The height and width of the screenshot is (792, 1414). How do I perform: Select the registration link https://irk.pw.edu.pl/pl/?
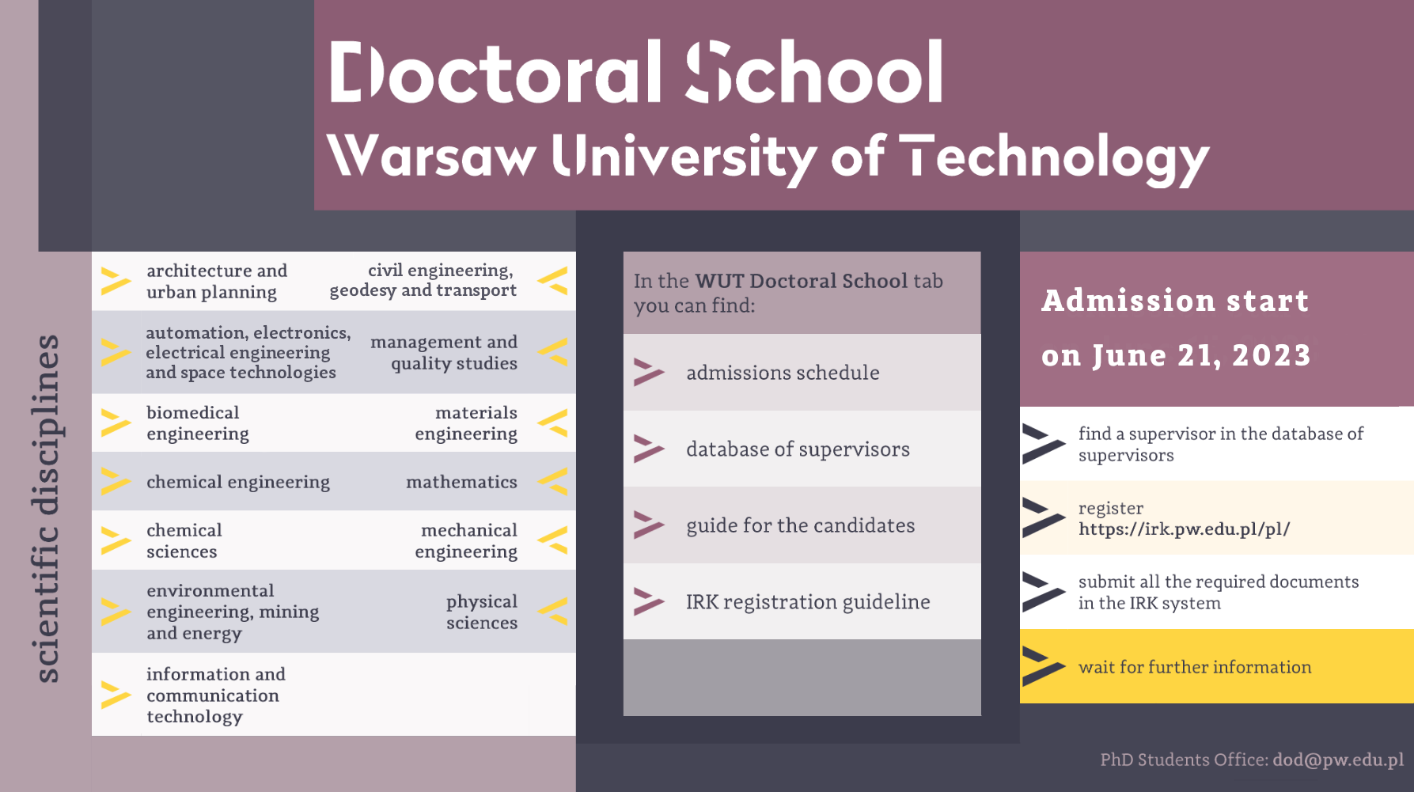(1184, 529)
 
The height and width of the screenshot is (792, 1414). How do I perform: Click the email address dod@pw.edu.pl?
(1338, 760)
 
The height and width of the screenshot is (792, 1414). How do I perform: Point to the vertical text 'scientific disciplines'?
(47, 508)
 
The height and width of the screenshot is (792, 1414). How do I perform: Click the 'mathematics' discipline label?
(461, 482)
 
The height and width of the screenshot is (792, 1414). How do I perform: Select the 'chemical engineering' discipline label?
(238, 483)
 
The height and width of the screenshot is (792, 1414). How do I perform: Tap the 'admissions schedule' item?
(783, 373)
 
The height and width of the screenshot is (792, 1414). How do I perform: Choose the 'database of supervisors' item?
(798, 449)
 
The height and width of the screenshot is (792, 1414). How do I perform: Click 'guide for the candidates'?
(800, 525)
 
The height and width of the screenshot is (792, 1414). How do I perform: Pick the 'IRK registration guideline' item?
(808, 602)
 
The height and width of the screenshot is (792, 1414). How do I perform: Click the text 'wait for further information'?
(1195, 667)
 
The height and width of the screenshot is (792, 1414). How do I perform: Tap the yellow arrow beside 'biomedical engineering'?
(116, 423)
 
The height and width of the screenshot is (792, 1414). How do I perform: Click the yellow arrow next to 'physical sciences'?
(553, 612)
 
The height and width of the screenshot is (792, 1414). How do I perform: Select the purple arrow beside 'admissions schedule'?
(649, 373)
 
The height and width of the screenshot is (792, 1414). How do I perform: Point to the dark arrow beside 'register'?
(1044, 517)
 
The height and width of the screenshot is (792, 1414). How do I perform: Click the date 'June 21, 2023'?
(1201, 356)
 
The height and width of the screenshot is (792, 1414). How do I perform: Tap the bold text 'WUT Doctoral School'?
(801, 281)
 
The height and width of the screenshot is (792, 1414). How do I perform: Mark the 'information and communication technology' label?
(216, 695)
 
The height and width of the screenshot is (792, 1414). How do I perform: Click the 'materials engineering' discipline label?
(466, 423)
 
